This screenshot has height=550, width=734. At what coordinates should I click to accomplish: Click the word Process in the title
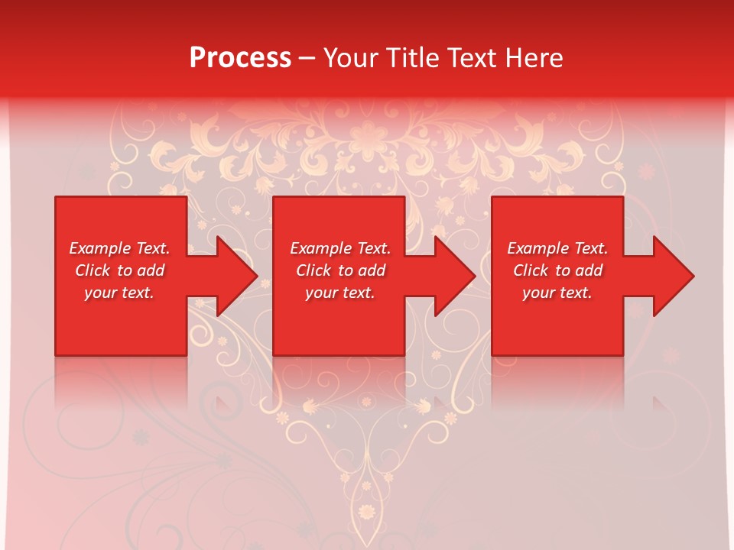pyautogui.click(x=240, y=58)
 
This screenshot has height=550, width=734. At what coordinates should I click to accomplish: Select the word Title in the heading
pyautogui.click(x=414, y=58)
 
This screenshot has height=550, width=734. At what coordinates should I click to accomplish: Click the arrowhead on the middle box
pyautogui.click(x=450, y=276)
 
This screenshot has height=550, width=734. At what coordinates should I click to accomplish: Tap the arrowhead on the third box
pyautogui.click(x=668, y=276)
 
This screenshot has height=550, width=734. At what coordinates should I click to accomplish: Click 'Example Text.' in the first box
pyautogui.click(x=119, y=248)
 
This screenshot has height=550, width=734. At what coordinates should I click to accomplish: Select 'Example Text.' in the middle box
pyautogui.click(x=340, y=248)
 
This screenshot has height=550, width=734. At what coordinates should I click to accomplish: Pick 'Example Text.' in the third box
pyautogui.click(x=557, y=248)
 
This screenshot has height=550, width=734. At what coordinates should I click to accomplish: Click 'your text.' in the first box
pyautogui.click(x=119, y=293)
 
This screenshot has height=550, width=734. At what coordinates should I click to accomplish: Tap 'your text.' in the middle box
pyautogui.click(x=340, y=293)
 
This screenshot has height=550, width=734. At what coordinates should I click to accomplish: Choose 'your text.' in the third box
pyautogui.click(x=557, y=293)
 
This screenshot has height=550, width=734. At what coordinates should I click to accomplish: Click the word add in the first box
pyautogui.click(x=150, y=270)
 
